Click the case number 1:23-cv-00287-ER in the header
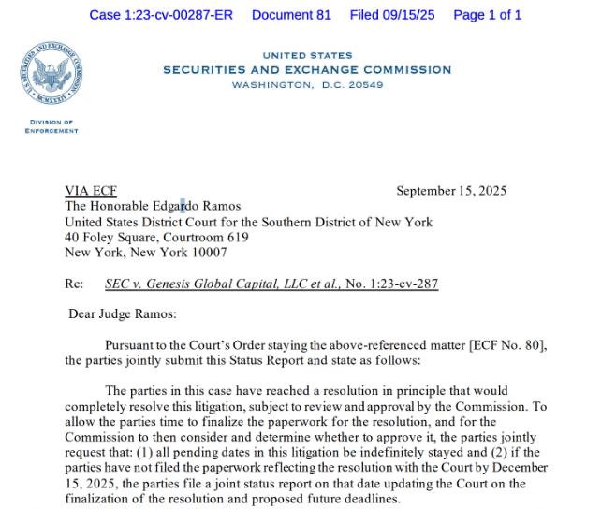[x=160, y=15]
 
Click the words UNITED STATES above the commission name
[x=307, y=56]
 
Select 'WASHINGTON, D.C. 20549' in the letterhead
[x=307, y=84]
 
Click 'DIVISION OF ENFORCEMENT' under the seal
[x=51, y=127]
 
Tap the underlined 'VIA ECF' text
[x=91, y=192]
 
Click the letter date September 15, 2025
[x=451, y=192]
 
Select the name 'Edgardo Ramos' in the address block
[x=200, y=206]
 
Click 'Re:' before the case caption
[x=74, y=284]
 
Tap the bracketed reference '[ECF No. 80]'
[x=507, y=345]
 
